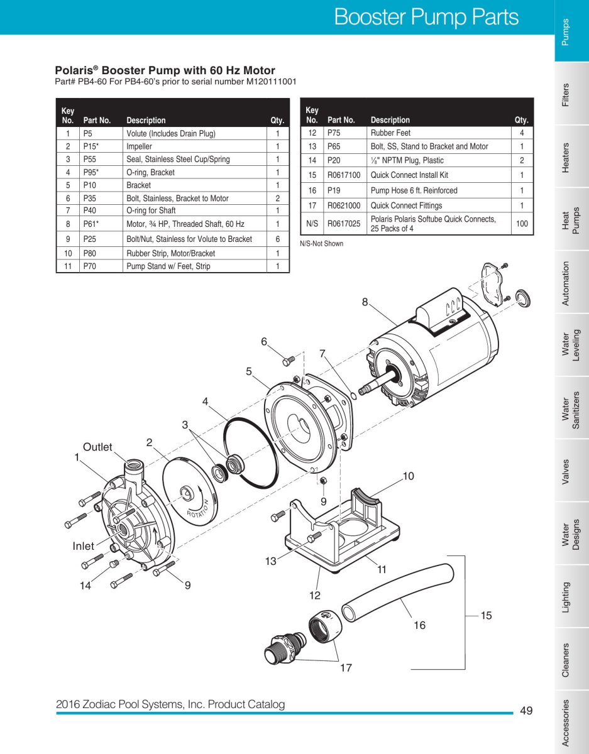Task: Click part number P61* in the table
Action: point(91,224)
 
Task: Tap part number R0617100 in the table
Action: point(344,175)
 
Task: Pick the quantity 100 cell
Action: point(522,224)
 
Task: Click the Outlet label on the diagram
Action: point(97,447)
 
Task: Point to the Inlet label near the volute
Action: point(84,546)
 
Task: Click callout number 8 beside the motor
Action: point(365,302)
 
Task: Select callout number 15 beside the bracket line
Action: point(487,616)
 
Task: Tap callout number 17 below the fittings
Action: point(346,668)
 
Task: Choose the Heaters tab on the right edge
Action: point(565,158)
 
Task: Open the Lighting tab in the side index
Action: point(565,598)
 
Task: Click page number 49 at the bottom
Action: point(526,711)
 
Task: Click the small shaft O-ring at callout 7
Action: point(354,396)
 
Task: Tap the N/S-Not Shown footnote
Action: point(321,244)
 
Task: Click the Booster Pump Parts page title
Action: point(427,17)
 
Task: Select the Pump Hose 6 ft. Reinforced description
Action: point(414,190)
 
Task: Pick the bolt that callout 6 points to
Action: point(288,361)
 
